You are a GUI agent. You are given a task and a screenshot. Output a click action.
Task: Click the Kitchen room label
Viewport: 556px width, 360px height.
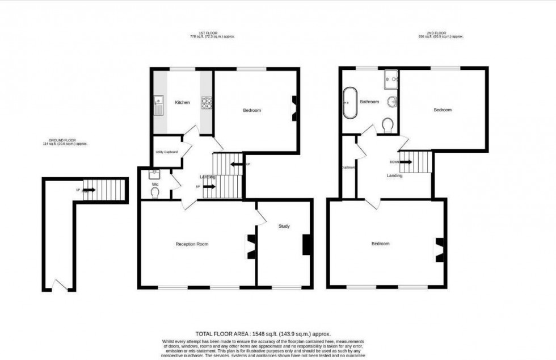pos(182,102)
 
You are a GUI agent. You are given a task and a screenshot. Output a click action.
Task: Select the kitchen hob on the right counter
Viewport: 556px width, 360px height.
pos(207,103)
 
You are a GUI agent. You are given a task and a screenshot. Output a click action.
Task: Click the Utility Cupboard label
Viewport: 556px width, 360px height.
pos(167,152)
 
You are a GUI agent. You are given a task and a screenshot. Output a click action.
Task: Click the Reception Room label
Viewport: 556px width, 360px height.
pos(192,244)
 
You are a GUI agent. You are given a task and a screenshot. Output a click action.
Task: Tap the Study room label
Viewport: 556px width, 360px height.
pos(284,227)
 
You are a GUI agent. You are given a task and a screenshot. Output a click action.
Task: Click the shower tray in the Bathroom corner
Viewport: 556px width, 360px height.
pos(391,80)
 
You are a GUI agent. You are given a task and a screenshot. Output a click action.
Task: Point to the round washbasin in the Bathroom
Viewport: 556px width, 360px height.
pos(391,103)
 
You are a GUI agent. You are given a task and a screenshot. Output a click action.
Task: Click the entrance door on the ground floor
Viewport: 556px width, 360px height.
pos(59,284)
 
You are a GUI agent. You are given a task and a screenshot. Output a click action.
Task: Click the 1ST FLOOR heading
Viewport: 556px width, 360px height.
pos(212,33)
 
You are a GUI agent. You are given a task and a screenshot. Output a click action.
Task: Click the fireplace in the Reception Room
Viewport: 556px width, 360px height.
pos(249,246)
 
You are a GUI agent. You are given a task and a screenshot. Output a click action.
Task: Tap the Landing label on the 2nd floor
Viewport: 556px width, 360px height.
pos(394,175)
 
